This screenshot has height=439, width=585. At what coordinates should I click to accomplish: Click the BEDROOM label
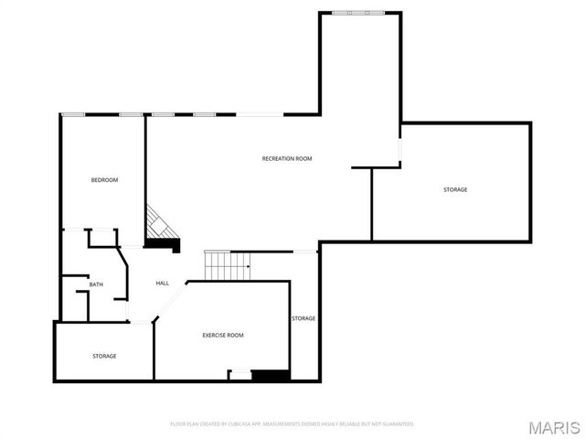104,180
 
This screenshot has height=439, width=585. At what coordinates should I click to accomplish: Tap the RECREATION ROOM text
287,159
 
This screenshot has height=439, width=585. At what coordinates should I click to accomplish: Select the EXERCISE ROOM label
223,336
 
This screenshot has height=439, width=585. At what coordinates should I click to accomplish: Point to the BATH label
96,285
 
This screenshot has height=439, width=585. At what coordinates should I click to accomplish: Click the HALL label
162,284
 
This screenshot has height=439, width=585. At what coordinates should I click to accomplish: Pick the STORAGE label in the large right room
455,189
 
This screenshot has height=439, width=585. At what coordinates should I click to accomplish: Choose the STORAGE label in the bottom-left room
104,356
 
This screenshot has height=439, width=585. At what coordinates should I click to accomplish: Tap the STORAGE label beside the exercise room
303,318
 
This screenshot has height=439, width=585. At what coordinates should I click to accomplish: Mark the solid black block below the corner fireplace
165,244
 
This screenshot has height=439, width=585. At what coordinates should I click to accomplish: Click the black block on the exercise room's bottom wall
270,375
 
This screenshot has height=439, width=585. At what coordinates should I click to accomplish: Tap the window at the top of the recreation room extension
358,13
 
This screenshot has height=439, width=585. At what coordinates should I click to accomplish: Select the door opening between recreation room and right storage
399,150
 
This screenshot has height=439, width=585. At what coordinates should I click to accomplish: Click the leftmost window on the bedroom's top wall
73,114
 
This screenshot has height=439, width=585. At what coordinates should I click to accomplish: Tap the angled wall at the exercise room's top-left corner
171,301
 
